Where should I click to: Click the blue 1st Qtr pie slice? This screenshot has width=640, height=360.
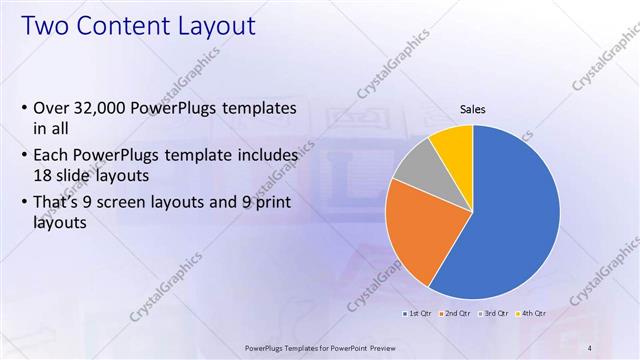[510, 220]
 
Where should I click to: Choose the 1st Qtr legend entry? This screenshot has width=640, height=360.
[419, 314]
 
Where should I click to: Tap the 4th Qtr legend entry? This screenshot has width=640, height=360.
[535, 314]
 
